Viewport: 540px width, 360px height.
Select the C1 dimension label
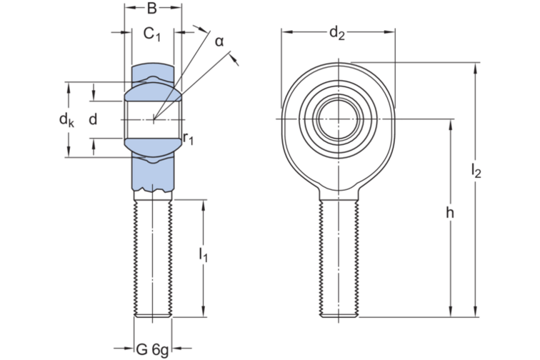(151, 34)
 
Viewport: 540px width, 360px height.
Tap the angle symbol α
(219, 41)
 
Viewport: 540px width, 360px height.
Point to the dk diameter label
(66, 120)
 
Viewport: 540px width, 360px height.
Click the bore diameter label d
(92, 119)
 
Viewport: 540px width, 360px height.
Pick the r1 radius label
(188, 137)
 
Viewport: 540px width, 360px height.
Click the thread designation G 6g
(152, 349)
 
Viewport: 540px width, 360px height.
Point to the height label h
(449, 212)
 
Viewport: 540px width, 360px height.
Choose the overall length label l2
(476, 170)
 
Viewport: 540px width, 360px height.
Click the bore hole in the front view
(338, 117)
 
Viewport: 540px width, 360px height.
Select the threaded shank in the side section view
(151, 257)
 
